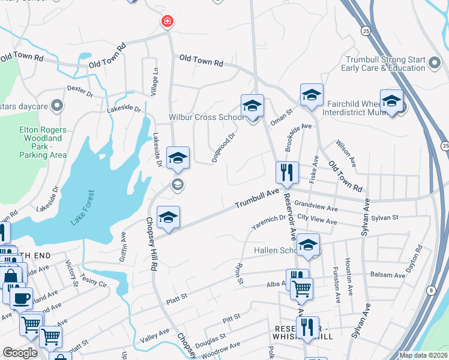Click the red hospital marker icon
pos(167,22)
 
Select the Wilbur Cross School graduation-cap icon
pos(253,106)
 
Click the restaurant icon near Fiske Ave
pos(287,172)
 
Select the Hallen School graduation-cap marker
pos(309,245)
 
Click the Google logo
pos(20,353)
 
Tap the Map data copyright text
pos(423,355)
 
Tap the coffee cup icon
pos(21,299)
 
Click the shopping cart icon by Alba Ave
pos(301,289)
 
